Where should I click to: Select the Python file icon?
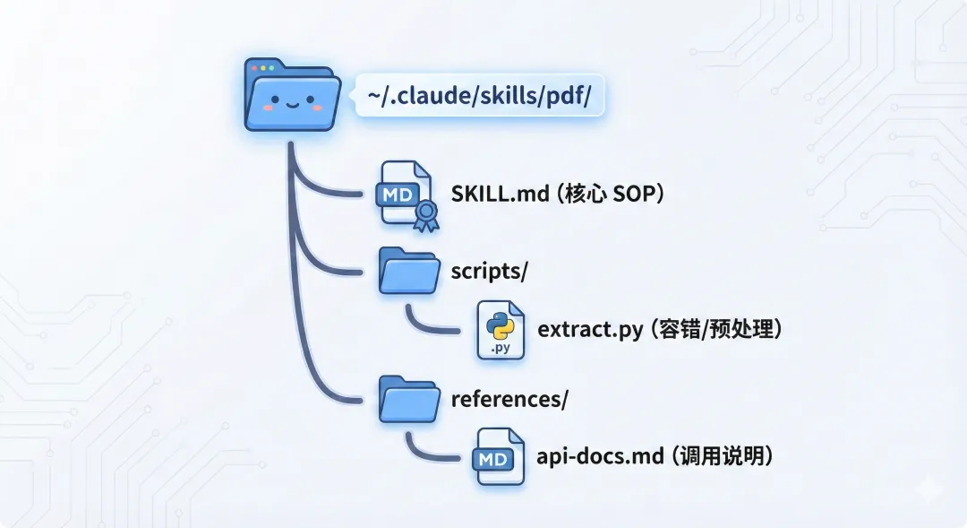[501, 330]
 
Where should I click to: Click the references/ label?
[509, 399]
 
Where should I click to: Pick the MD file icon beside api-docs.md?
[500, 457]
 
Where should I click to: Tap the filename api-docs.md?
[598, 456]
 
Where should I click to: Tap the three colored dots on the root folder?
[262, 68]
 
